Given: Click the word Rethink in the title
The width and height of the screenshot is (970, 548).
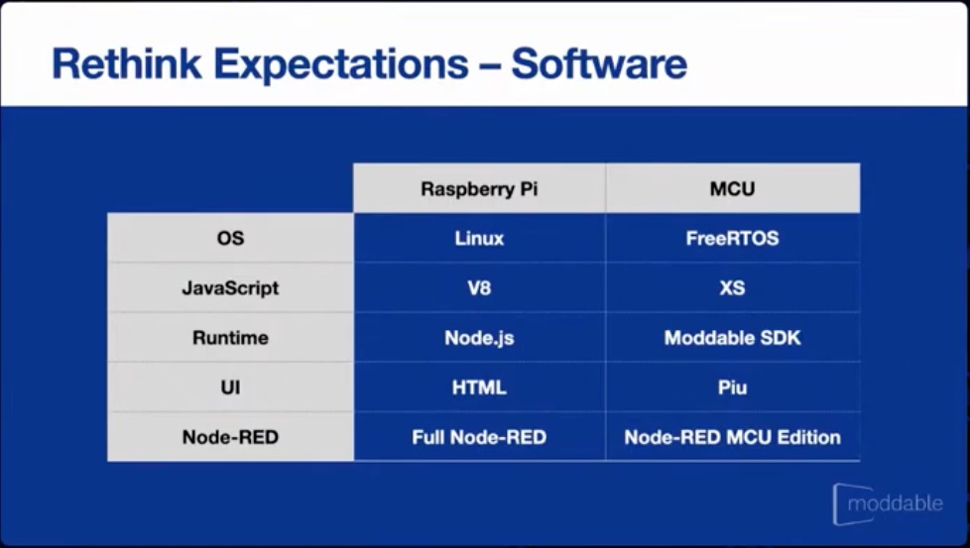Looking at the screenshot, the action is point(127,63).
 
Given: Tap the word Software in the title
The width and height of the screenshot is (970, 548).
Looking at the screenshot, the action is point(599,63).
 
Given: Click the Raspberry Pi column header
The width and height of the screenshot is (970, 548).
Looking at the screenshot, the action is point(479,189).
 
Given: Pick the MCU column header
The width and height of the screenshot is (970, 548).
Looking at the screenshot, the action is point(732,189).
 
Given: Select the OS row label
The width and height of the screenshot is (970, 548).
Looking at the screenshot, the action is point(230,239).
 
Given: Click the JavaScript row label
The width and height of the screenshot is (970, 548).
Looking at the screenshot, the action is point(230,288).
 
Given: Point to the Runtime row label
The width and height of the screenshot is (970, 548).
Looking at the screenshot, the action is point(230,338).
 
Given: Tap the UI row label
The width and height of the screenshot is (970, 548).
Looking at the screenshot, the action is point(230,387).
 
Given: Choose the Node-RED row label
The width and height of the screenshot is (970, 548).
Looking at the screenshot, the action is point(230,437).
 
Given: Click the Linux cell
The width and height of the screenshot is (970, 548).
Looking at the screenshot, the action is point(479,239).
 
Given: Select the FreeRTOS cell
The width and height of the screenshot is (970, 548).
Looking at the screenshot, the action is point(732,239).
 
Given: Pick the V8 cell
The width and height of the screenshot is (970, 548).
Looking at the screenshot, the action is point(479,288).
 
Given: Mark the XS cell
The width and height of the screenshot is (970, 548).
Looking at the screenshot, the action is point(732,288).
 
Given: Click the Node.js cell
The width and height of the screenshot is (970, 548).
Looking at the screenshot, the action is point(479,338).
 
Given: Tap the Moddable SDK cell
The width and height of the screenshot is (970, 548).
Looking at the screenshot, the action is point(732,338).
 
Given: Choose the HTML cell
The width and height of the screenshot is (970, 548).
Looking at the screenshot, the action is point(479,387).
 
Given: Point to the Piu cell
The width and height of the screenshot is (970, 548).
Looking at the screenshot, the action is point(732,387).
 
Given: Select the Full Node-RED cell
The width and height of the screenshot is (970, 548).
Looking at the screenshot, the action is point(479,437).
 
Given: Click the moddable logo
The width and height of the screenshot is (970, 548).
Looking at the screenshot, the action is point(889,504).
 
